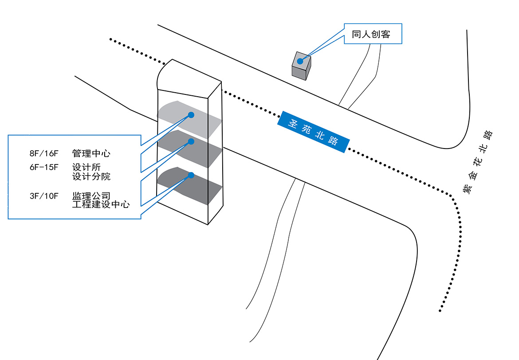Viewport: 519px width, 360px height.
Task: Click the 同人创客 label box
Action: click(x=373, y=34)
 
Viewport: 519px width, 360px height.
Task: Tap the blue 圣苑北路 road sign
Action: click(x=313, y=132)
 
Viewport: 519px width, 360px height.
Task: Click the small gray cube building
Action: click(x=301, y=66)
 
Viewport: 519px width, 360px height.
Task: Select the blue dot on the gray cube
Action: click(x=300, y=61)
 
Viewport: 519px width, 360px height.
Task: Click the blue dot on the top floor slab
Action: click(x=191, y=115)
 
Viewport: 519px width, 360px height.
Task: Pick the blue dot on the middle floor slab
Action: click(x=191, y=141)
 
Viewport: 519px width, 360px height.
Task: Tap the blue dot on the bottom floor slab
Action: click(x=191, y=175)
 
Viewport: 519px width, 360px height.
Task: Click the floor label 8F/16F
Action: click(x=44, y=154)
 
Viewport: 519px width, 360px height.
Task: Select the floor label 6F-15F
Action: click(x=44, y=168)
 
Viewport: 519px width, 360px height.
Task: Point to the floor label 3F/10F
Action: click(x=44, y=196)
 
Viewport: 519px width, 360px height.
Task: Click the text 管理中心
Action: click(x=91, y=154)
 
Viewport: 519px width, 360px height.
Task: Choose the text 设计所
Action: click(x=86, y=168)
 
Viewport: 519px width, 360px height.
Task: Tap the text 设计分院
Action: click(x=91, y=176)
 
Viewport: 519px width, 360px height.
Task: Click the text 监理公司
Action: click(x=91, y=196)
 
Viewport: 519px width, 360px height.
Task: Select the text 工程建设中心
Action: click(x=101, y=204)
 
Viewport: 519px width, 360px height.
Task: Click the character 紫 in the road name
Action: click(x=467, y=189)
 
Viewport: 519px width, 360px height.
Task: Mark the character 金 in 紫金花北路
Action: click(x=474, y=175)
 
